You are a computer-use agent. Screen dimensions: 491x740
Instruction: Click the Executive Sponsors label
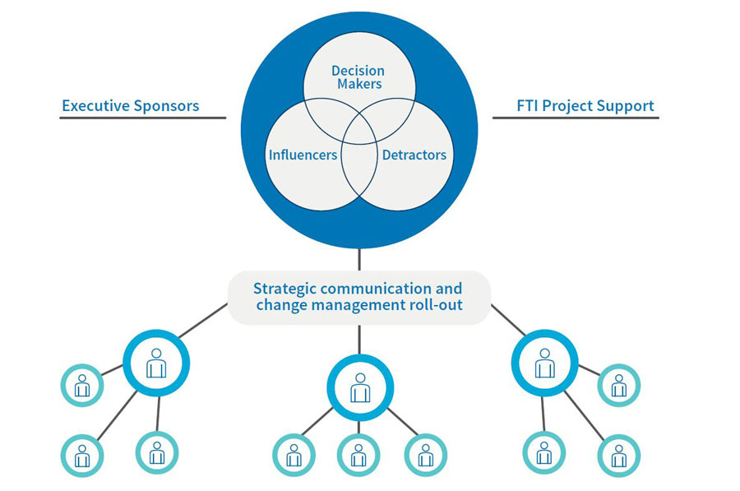pyautogui.click(x=130, y=106)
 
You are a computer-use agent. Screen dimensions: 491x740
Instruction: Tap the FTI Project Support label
pyautogui.click(x=585, y=106)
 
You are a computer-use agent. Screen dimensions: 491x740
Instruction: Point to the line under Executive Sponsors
pyautogui.click(x=142, y=118)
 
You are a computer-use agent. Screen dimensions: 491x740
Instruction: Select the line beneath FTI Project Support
pyautogui.click(x=576, y=118)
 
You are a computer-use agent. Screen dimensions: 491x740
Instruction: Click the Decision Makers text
pyautogui.click(x=357, y=77)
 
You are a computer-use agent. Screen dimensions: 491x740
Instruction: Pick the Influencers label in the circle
pyautogui.click(x=303, y=155)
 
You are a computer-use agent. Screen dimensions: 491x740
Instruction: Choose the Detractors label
pyautogui.click(x=414, y=155)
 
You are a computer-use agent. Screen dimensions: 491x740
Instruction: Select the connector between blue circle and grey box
pyautogui.click(x=359, y=259)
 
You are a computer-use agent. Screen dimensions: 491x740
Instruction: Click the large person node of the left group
pyautogui.click(x=156, y=363)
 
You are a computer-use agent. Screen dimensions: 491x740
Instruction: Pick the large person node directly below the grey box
pyautogui.click(x=360, y=387)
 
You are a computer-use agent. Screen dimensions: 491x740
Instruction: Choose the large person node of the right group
pyautogui.click(x=544, y=363)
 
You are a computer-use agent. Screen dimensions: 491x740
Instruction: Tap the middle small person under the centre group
pyautogui.click(x=358, y=455)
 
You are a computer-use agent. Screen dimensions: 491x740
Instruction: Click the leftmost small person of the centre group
pyautogui.click(x=294, y=455)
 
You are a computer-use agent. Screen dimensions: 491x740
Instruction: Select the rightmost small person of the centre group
pyautogui.click(x=425, y=455)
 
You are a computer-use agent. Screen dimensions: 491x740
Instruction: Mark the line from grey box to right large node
pyautogui.click(x=509, y=320)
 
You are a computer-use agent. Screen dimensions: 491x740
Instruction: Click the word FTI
pyautogui.click(x=529, y=106)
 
